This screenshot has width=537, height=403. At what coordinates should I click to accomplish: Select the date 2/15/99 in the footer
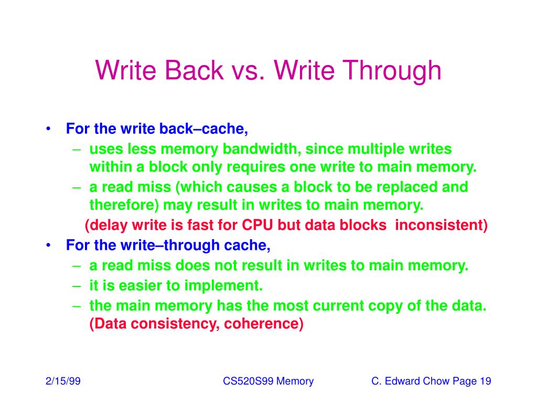(x=62, y=381)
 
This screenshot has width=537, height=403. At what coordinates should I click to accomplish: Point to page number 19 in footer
(x=485, y=381)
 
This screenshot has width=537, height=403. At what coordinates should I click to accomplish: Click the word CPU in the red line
(x=257, y=225)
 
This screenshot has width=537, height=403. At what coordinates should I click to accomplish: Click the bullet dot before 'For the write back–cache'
(x=49, y=129)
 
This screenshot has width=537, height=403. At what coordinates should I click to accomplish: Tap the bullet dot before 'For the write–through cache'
(x=49, y=245)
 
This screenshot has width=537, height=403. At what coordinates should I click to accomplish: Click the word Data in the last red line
(x=109, y=324)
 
